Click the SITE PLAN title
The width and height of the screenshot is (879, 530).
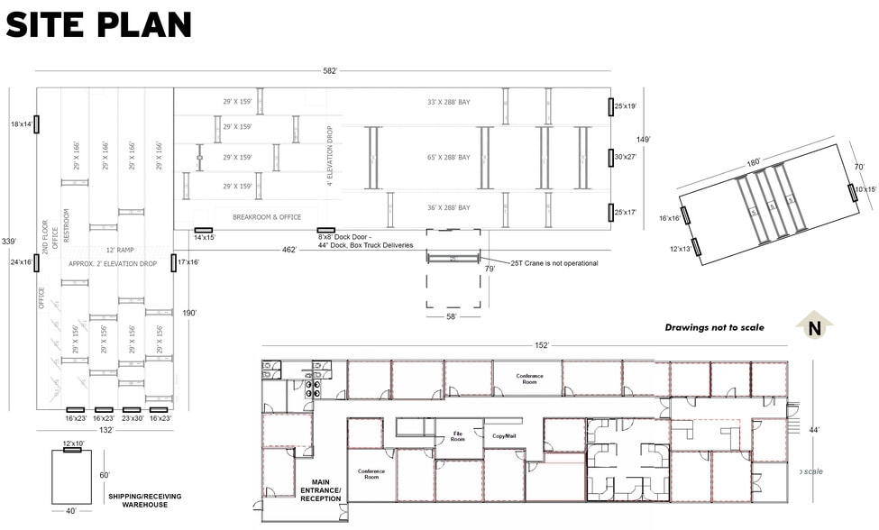98,24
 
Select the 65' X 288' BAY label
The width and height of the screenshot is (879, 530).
448,158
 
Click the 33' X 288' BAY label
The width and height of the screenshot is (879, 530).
448,102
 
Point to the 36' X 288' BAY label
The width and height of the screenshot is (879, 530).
448,207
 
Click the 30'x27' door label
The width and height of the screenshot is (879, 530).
626,157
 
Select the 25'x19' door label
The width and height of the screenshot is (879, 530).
626,106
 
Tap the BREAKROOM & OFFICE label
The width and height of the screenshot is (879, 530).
266,217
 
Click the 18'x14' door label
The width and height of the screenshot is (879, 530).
21,123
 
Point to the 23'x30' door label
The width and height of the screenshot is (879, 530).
133,418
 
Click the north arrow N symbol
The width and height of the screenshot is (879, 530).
815,327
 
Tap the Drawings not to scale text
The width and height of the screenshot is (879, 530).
714,327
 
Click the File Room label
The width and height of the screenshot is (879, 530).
458,437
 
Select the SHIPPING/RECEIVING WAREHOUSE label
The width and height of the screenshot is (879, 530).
141,501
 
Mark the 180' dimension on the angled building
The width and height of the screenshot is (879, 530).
753,162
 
